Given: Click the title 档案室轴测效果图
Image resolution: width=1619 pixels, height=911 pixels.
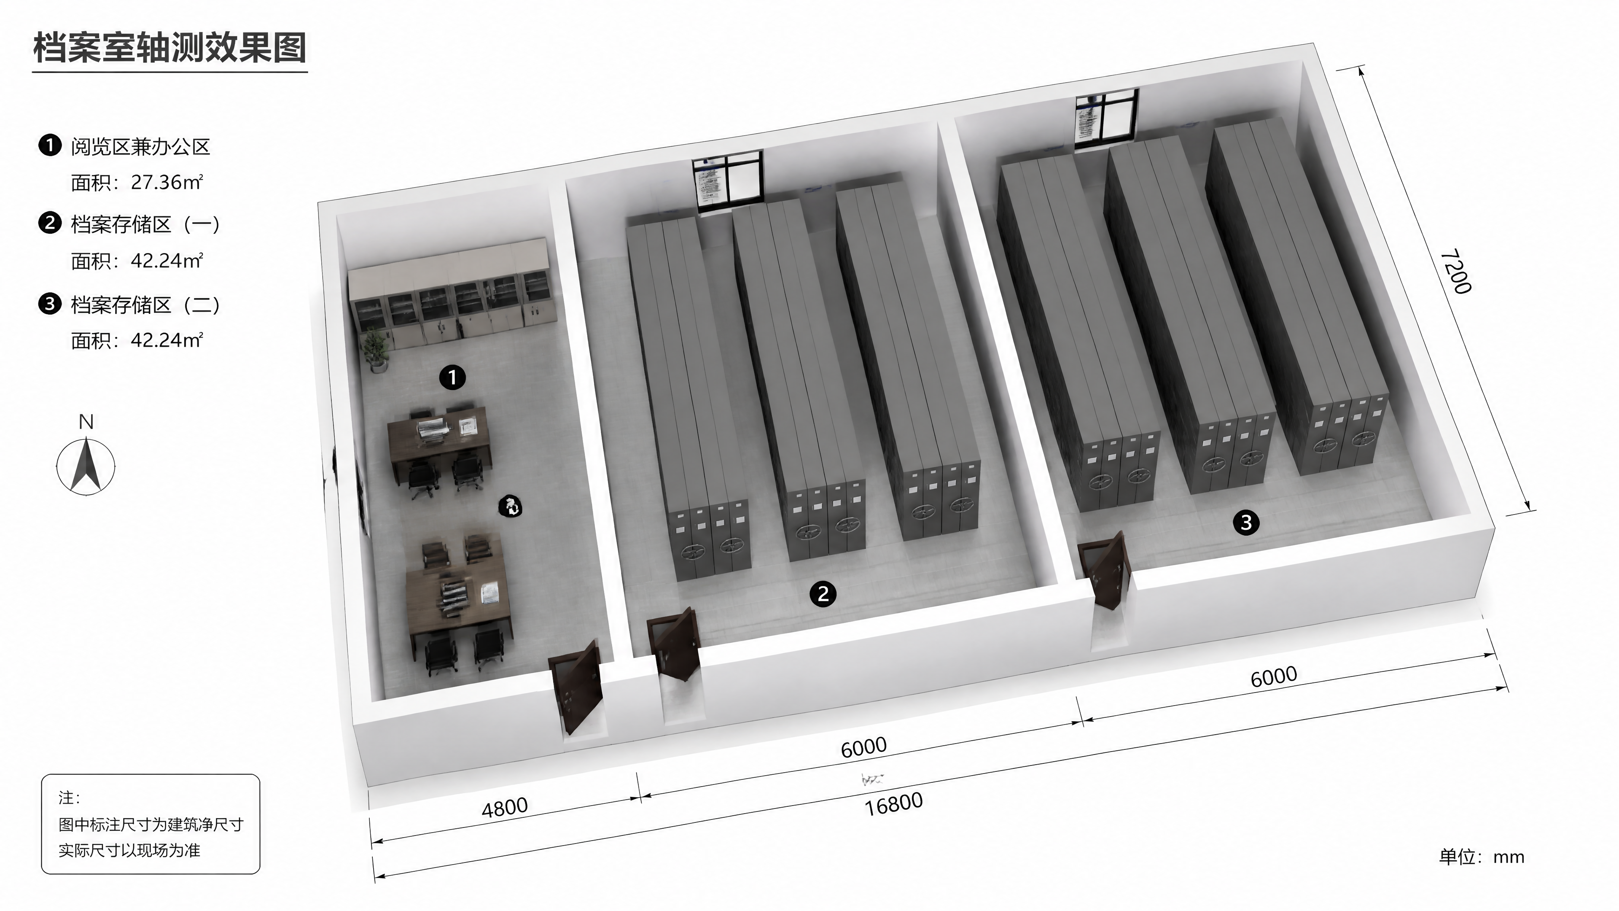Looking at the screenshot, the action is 169,48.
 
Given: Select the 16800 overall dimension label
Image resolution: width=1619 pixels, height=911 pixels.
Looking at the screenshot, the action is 894,804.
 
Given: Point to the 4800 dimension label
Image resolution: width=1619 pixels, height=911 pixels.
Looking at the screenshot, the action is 505,807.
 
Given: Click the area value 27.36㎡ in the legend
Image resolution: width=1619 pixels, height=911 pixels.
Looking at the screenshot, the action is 167,182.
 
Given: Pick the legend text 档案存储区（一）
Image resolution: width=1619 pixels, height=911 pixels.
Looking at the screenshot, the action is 146,224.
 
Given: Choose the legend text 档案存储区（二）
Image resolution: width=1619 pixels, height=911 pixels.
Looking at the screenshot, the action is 146,305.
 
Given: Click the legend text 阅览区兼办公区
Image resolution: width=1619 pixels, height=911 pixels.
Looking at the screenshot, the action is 140,146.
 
